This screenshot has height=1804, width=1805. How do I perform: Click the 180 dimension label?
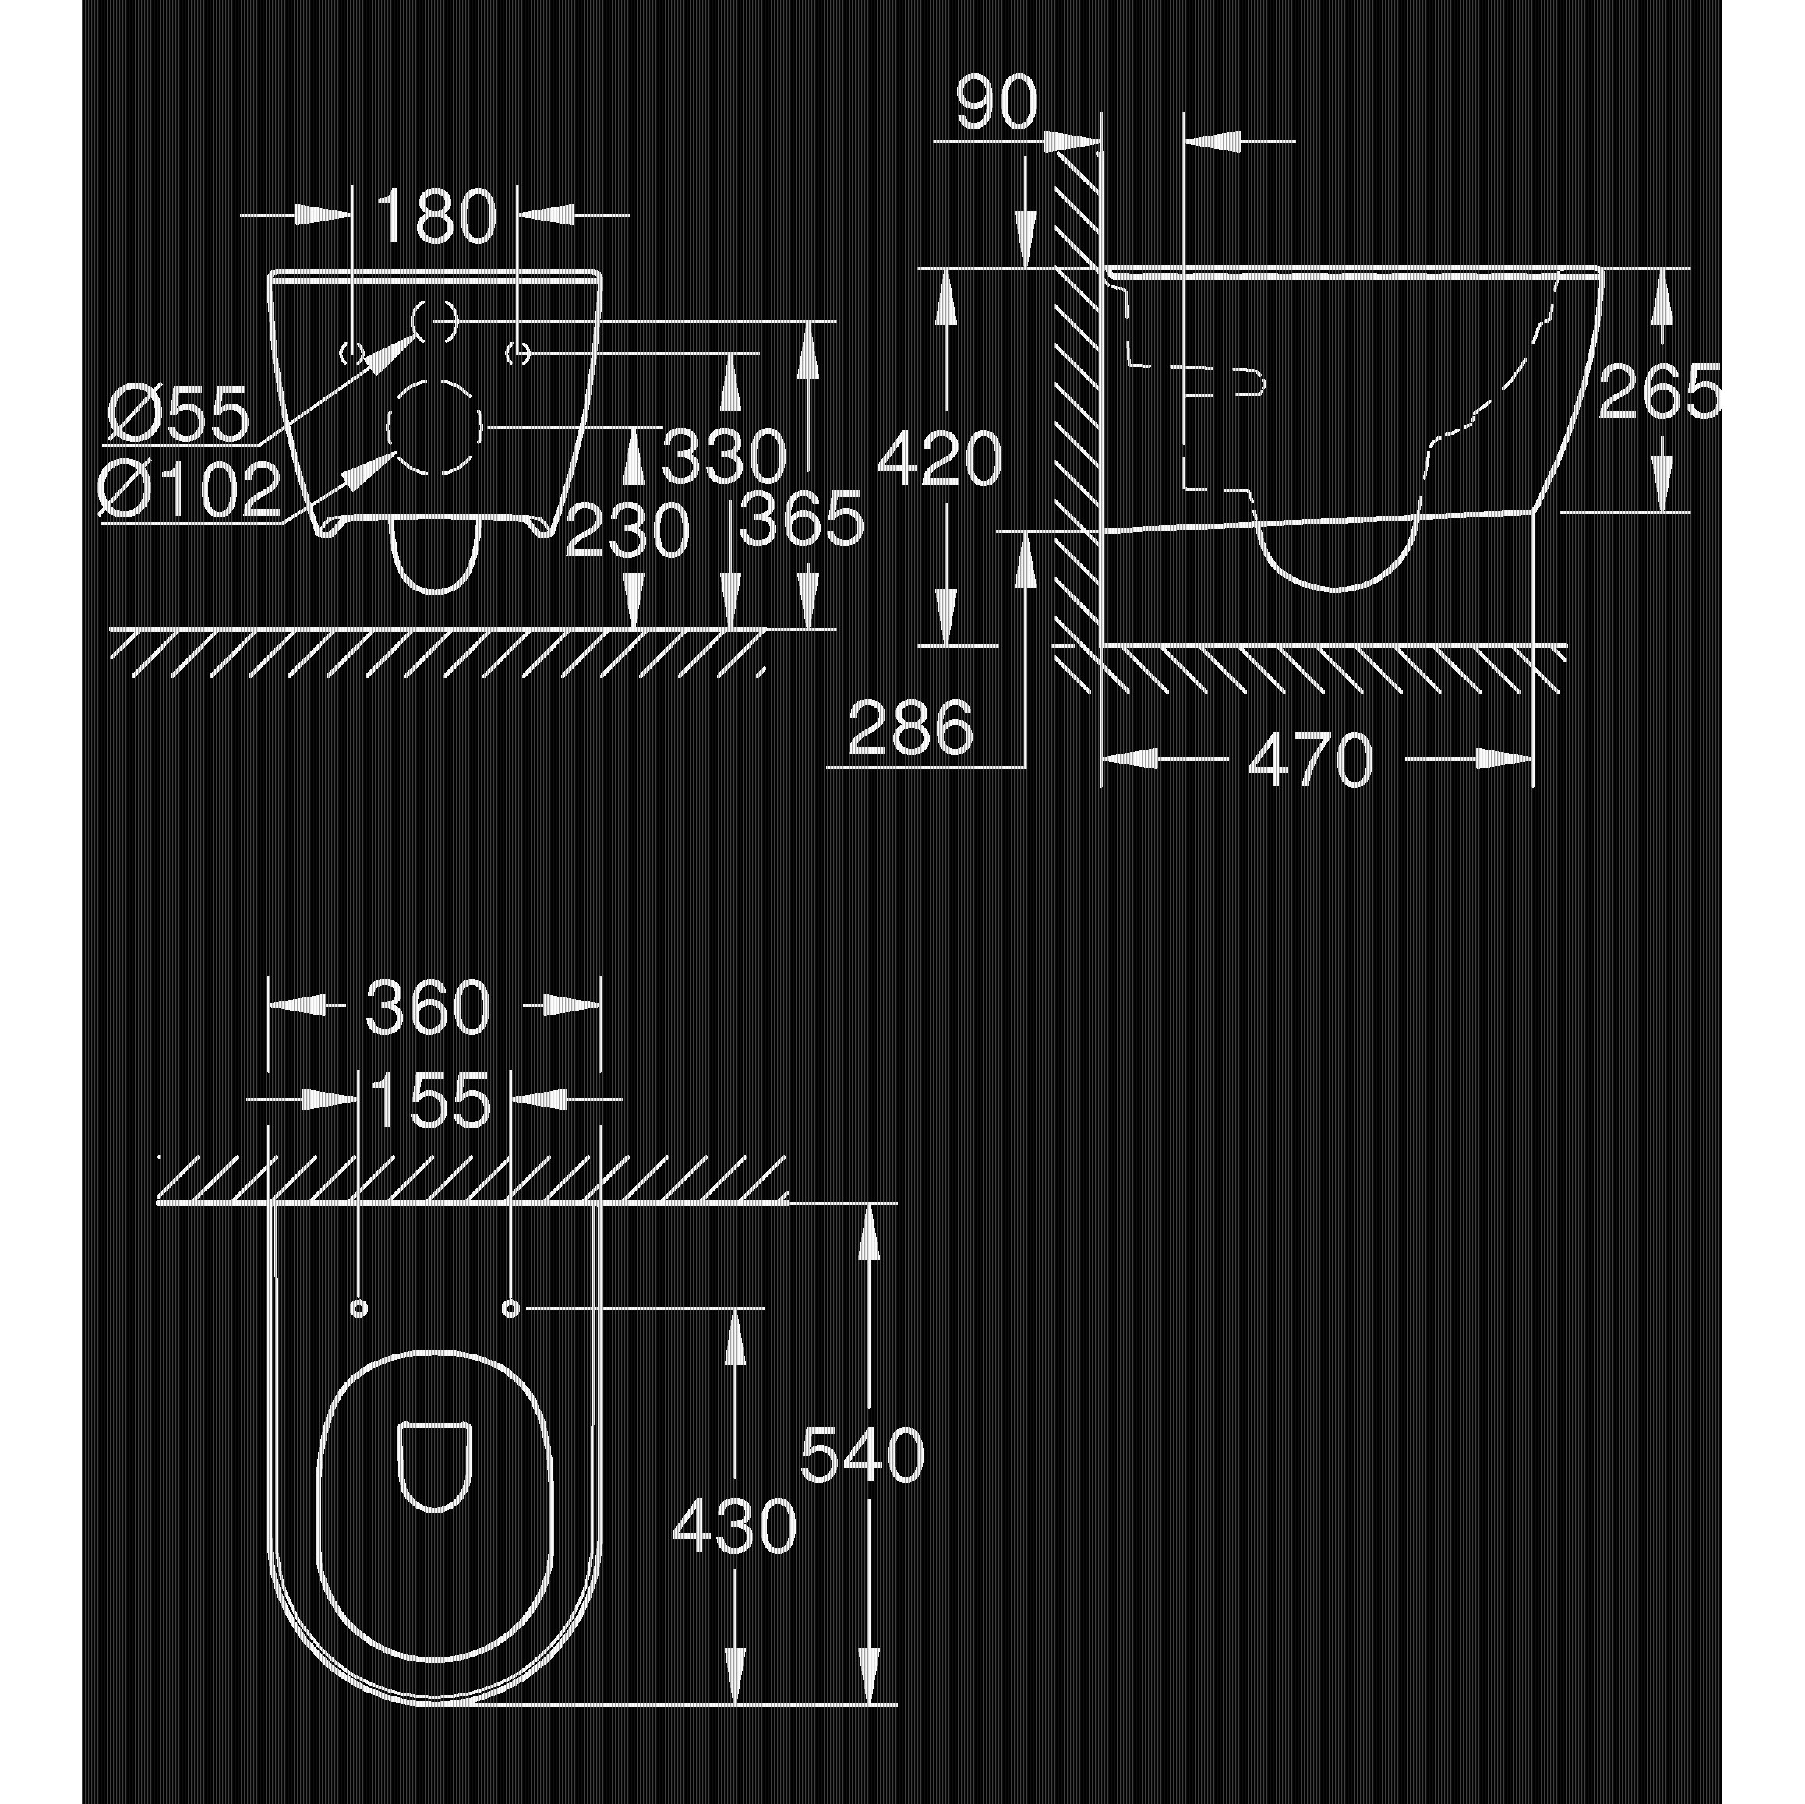(x=436, y=217)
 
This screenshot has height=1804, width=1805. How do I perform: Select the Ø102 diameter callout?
(x=189, y=489)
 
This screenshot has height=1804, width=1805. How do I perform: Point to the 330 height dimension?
(x=724, y=457)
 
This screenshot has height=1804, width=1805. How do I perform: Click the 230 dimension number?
(x=627, y=531)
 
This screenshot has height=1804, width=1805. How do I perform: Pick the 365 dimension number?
(x=802, y=520)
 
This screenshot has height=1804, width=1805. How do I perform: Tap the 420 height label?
(x=940, y=459)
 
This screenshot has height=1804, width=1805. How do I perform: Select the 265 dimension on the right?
(x=1658, y=393)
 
